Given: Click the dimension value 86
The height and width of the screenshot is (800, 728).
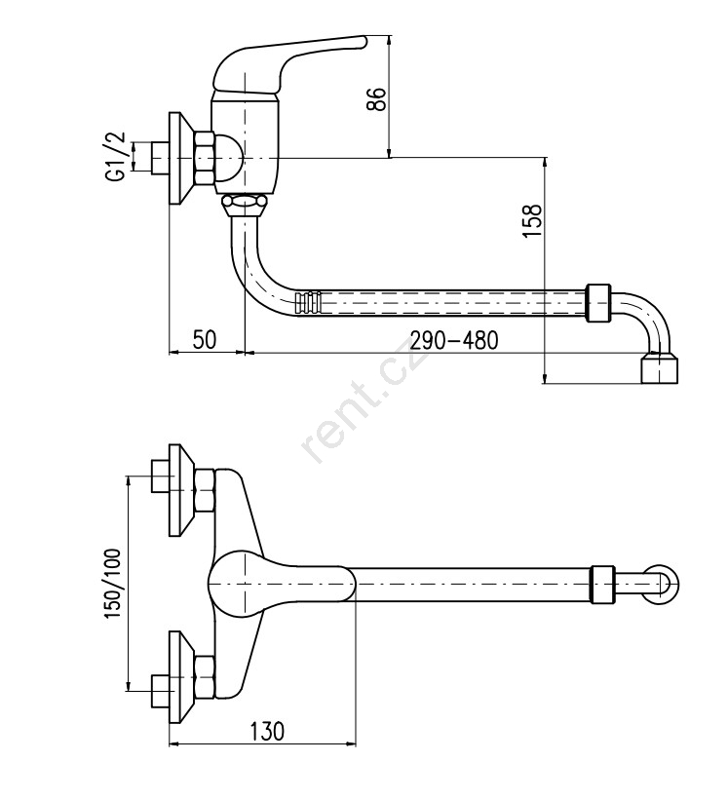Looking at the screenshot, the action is [x=377, y=100].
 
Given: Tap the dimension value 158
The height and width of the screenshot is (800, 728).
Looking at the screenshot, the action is [x=532, y=220].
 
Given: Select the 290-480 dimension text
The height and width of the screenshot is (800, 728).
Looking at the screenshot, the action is [x=453, y=340].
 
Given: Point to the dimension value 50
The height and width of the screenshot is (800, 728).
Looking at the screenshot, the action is [x=205, y=339].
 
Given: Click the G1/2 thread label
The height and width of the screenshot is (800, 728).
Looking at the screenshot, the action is [x=115, y=157].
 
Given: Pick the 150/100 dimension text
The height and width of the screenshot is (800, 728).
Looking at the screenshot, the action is [x=113, y=585].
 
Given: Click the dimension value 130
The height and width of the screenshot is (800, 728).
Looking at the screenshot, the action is [x=267, y=731].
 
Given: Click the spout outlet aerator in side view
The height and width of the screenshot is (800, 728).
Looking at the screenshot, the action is [x=659, y=367].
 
